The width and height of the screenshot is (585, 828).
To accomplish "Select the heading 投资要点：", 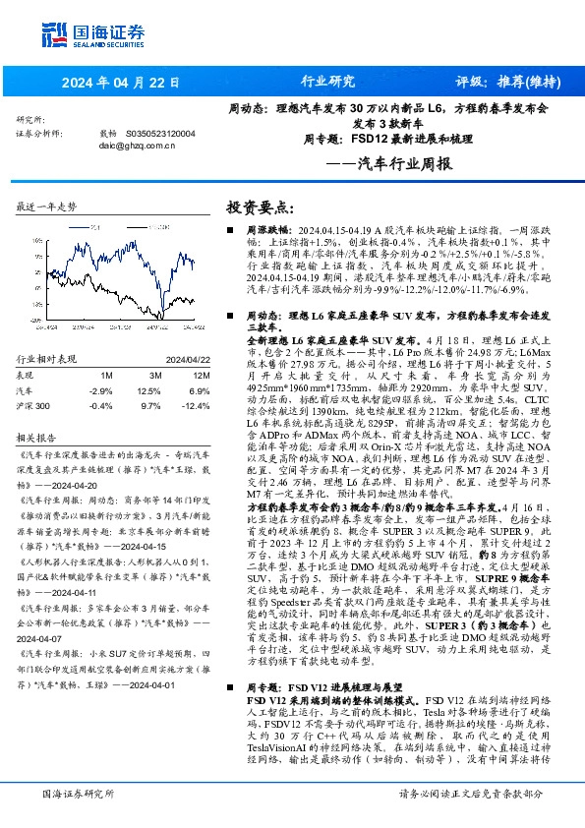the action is (261, 207).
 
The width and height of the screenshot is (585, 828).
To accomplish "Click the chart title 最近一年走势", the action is (46, 207).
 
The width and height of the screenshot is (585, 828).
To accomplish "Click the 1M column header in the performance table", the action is (106, 375).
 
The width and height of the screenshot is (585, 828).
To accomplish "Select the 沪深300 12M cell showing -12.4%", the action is (196, 405).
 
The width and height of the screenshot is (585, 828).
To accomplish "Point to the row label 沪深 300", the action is (34, 405).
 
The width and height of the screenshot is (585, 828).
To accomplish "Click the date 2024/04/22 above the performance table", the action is (189, 360).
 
